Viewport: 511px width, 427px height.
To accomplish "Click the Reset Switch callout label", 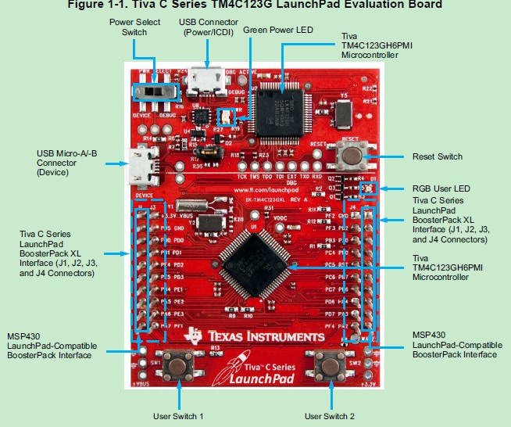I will tap(437, 156).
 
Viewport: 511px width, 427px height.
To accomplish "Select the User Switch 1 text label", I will tap(178, 415).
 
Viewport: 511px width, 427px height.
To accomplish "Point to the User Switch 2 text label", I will tap(330, 415).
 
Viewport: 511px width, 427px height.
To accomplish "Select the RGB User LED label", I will tap(441, 188).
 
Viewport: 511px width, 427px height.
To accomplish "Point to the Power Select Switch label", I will tap(134, 27).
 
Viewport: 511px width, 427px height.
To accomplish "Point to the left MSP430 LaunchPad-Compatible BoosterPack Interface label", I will tap(59, 345).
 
